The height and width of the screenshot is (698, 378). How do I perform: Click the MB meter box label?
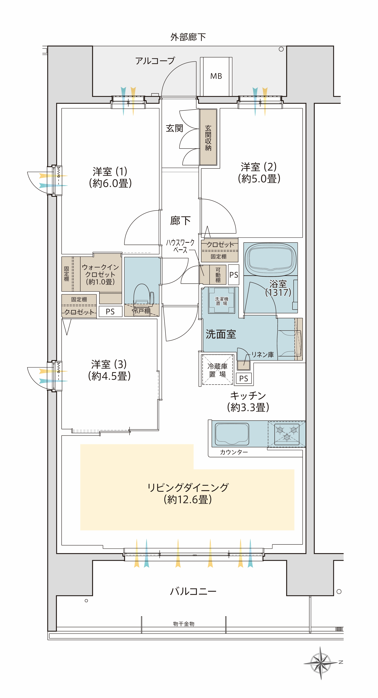point(216,76)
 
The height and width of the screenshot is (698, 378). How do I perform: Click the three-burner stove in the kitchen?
point(286,434)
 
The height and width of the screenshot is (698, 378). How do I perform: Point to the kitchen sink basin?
point(232,434)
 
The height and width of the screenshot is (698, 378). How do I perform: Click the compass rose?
point(321,663)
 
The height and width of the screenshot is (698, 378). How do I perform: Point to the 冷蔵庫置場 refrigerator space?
point(217,370)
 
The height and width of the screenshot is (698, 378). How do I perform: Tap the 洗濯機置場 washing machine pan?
point(221,301)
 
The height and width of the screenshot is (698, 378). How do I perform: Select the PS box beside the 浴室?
point(234,275)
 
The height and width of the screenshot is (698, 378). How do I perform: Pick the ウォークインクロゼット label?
point(100,274)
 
